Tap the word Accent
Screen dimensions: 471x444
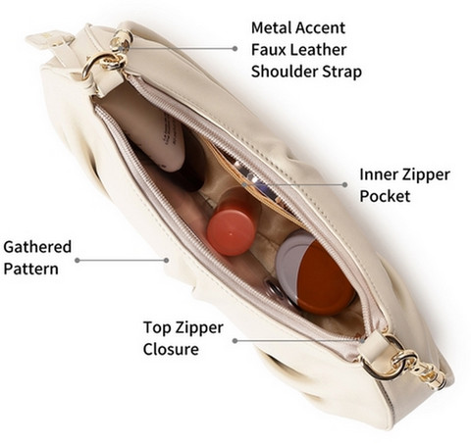coord(321,27)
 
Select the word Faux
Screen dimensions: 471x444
coord(268,50)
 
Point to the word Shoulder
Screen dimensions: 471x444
coord(285,72)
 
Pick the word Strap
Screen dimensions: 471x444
coord(341,73)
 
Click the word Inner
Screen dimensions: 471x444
coord(378,174)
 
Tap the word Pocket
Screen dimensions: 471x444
coord(385,196)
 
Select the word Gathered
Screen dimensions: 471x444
coord(37,247)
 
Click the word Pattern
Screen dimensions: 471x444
coord(30,269)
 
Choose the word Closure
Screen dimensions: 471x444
coord(171,349)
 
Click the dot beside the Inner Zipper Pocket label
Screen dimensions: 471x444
coord(344,185)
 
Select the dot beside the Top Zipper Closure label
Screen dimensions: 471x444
coord(235,341)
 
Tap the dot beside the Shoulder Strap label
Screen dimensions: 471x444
coord(235,48)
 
